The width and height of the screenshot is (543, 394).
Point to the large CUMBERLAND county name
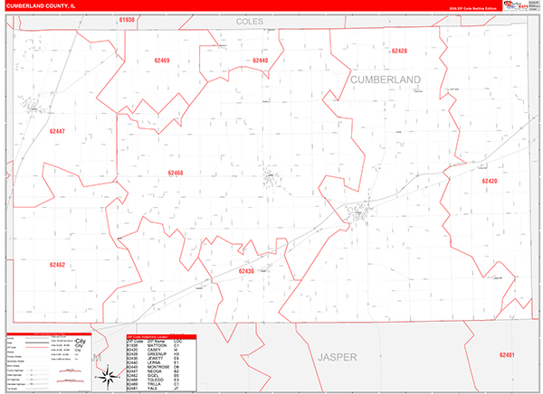pyautogui.click(x=385, y=80)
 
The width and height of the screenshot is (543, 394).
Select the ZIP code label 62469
pyautogui.click(x=162, y=61)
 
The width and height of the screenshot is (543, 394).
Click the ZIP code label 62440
pyautogui.click(x=261, y=60)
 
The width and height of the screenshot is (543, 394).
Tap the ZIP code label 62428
pyautogui.click(x=400, y=52)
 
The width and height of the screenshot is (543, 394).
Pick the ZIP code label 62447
pyautogui.click(x=57, y=132)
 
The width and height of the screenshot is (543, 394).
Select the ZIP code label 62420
pyautogui.click(x=490, y=182)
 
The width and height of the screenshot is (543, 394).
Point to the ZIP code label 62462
pyautogui.click(x=57, y=265)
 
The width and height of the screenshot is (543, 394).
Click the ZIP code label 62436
pyautogui.click(x=246, y=271)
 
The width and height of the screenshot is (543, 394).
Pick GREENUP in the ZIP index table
pyautogui.click(x=157, y=354)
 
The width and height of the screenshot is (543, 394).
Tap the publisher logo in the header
pyautogui.click(x=519, y=5)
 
